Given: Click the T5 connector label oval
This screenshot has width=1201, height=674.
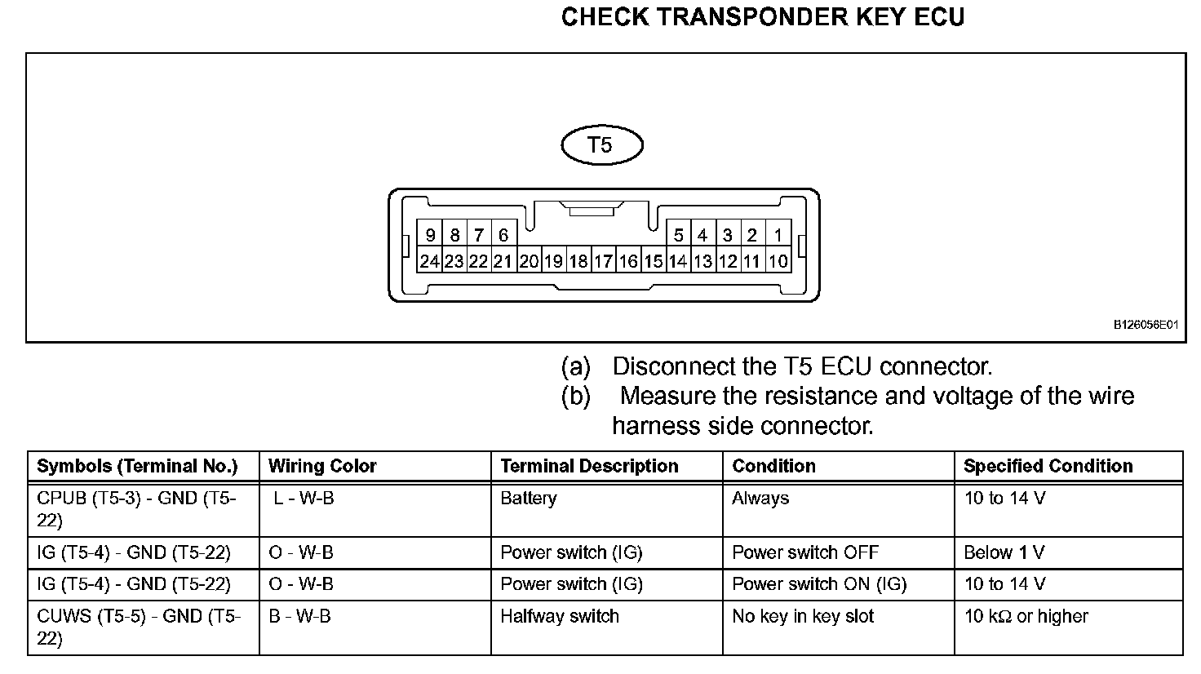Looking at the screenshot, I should (x=602, y=146).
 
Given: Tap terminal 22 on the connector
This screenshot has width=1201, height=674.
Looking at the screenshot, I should (x=479, y=261).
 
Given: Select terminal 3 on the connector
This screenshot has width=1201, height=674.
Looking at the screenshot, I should (x=728, y=236).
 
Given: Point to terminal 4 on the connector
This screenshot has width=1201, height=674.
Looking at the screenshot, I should (x=702, y=236).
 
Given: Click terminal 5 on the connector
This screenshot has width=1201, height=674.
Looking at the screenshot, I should (x=678, y=236).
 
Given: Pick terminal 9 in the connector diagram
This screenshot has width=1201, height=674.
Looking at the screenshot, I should (x=430, y=236).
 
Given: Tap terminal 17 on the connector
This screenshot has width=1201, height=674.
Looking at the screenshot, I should (x=603, y=261).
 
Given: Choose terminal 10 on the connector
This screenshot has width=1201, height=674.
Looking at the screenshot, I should (x=778, y=261).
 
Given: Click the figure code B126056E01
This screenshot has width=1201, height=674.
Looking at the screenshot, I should (x=1146, y=324).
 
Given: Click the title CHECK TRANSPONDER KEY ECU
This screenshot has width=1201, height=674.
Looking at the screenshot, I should (x=762, y=17).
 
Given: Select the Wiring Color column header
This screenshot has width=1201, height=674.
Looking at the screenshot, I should (x=322, y=466).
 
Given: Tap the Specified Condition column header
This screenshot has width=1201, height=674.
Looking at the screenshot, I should (x=1048, y=466).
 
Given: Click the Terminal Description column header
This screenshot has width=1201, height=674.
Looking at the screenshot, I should (x=589, y=466).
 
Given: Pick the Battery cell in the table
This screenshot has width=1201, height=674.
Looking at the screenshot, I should (x=529, y=498).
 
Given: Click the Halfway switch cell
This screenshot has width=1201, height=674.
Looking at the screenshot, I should (x=560, y=616).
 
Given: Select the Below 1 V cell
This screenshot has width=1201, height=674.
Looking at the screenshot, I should (x=1004, y=552).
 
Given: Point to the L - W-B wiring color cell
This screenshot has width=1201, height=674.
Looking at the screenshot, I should (x=304, y=498).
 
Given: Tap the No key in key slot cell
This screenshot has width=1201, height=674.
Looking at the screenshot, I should (x=803, y=616).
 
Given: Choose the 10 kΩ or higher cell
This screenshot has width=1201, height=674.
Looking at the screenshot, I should (x=1026, y=616).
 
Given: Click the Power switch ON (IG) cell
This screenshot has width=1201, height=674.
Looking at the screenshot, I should (x=819, y=584).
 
